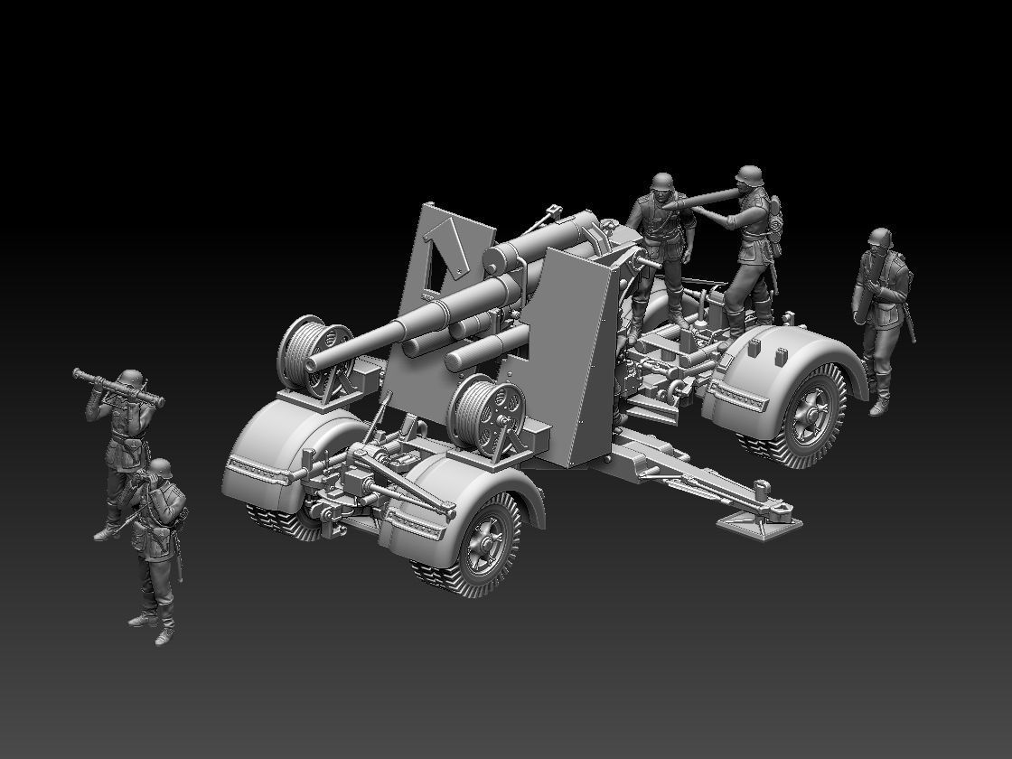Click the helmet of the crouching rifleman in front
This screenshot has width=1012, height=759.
point(161,467)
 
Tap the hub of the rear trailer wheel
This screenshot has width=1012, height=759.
point(811,412)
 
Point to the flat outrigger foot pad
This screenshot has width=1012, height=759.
point(759,525)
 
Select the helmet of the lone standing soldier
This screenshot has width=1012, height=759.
point(880,238)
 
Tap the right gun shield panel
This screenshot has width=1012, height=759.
point(571,352)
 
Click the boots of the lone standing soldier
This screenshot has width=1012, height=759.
point(878,403)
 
